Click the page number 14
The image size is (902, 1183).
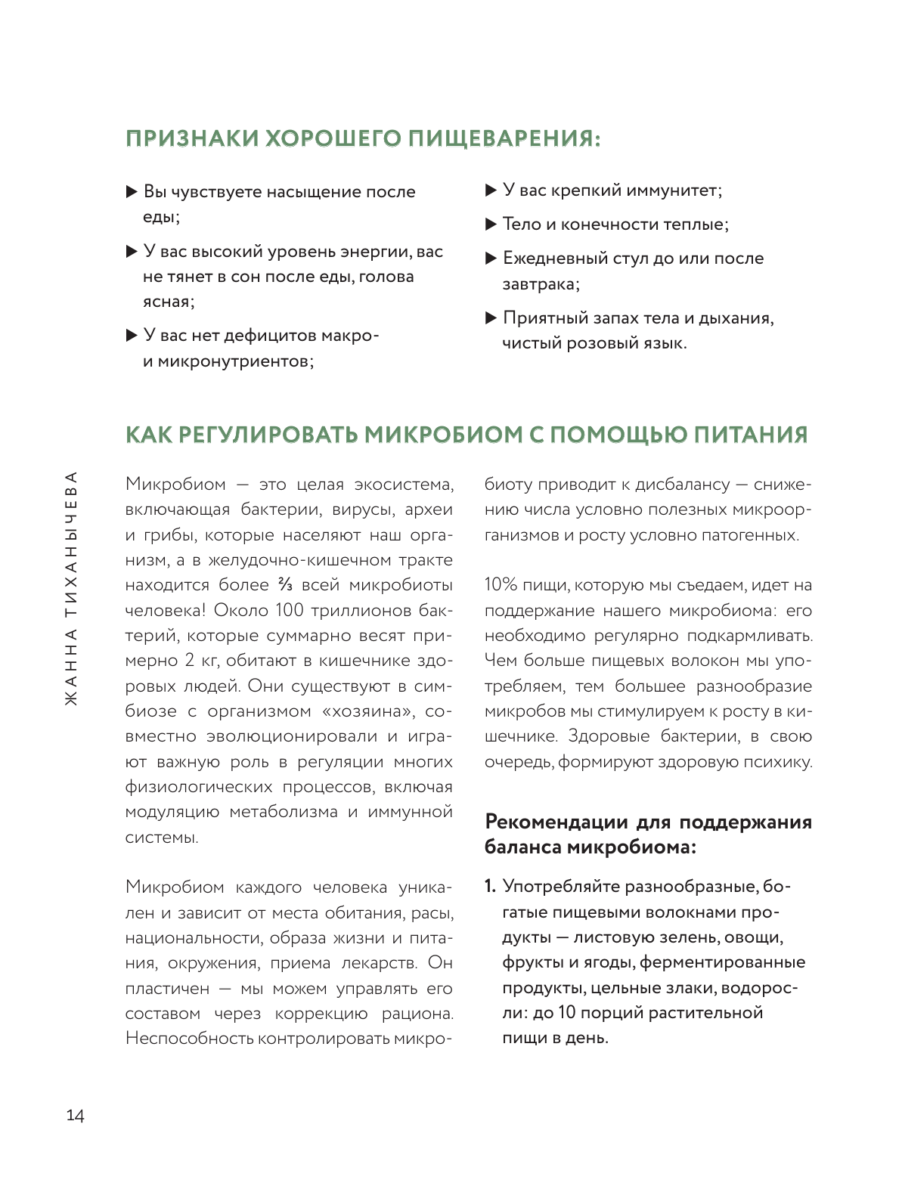tap(75, 1115)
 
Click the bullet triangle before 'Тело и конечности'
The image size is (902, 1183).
tap(490, 224)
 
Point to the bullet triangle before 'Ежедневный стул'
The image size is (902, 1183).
tap(490, 259)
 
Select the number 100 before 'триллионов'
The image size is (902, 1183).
tap(289, 610)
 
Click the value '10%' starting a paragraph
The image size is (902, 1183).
tap(501, 585)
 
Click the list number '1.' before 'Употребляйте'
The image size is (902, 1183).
tap(491, 886)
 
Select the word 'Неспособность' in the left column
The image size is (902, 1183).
tap(189, 1039)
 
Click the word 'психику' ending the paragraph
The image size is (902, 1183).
tap(777, 762)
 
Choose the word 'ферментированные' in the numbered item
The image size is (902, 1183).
tap(723, 962)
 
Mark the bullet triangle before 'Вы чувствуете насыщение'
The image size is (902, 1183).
tap(131, 191)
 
